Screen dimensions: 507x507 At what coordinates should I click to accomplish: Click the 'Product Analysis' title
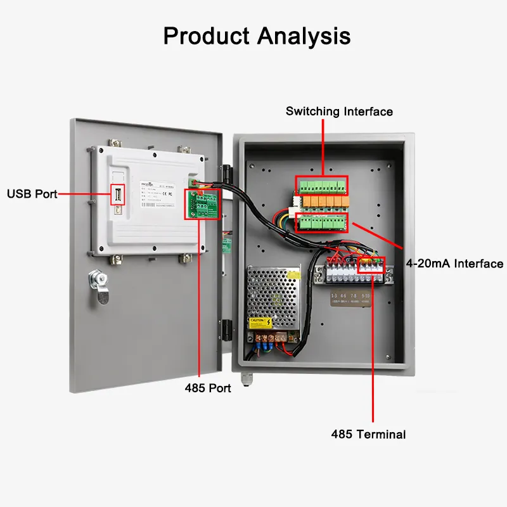pyautogui.click(x=257, y=35)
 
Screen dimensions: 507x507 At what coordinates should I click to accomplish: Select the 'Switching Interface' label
pyautogui.click(x=339, y=112)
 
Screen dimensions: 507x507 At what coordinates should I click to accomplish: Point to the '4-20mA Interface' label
pyautogui.click(x=454, y=264)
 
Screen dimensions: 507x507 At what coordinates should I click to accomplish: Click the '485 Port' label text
pyautogui.click(x=208, y=388)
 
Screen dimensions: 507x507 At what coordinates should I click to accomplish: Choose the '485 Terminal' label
pyautogui.click(x=368, y=434)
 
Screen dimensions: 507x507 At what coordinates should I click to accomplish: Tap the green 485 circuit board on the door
pyautogui.click(x=202, y=204)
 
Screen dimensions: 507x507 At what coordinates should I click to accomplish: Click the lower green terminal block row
pyautogui.click(x=321, y=222)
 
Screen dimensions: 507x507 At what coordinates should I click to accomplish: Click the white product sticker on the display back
pyautogui.click(x=166, y=195)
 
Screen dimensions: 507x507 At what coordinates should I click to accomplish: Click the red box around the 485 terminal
pyautogui.click(x=371, y=266)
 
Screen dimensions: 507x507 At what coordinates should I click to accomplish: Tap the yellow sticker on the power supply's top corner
pyautogui.click(x=294, y=274)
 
